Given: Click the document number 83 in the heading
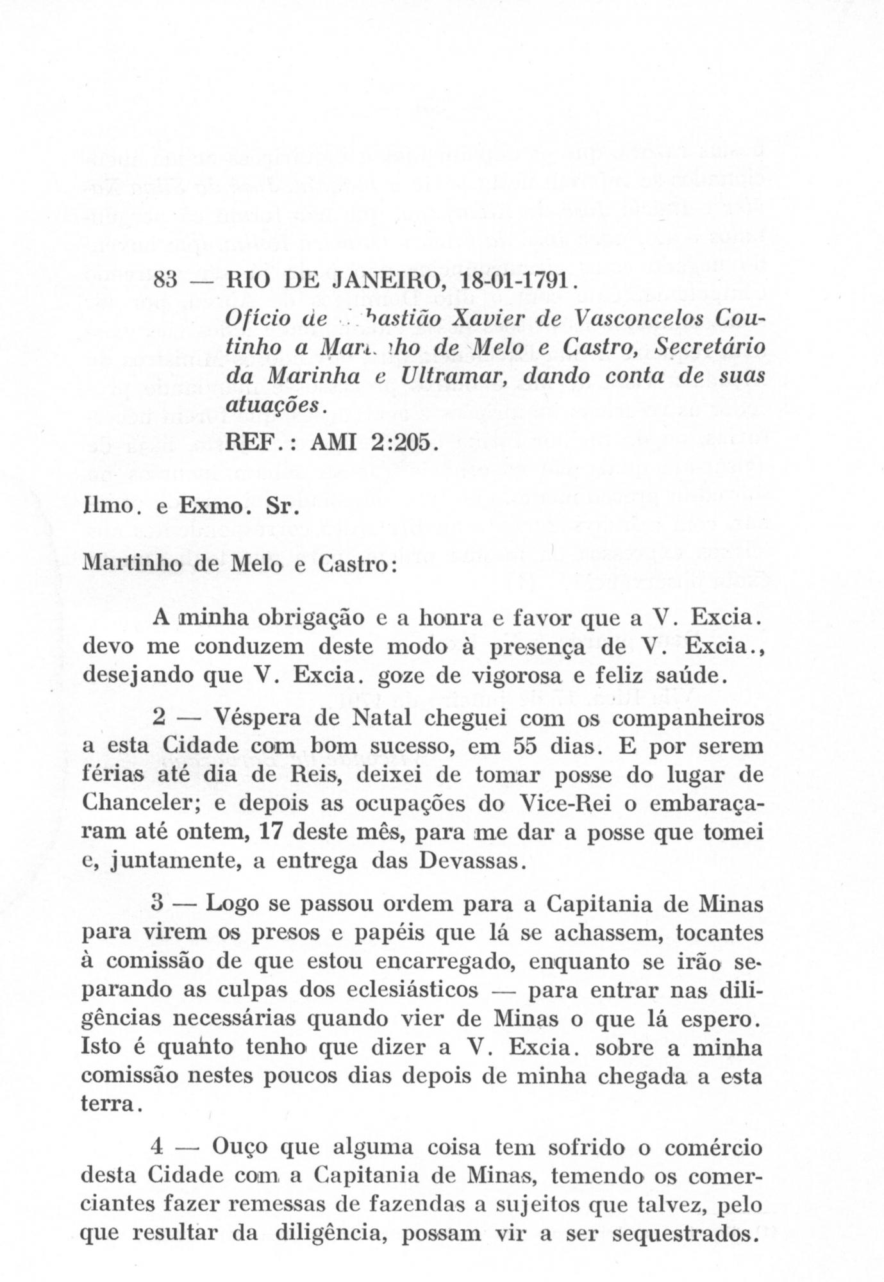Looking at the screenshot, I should [167, 281].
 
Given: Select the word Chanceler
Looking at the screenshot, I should [143, 804].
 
